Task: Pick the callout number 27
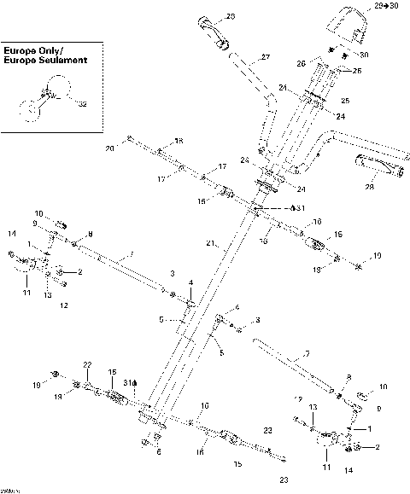pos(265,57)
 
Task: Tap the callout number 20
pos(109,148)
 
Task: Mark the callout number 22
pos(86,365)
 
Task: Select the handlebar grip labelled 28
pos(375,167)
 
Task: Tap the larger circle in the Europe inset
pos(60,86)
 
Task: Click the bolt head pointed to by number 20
pos(128,138)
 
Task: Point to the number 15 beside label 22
pos(110,373)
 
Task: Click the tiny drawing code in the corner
pos(10,489)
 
